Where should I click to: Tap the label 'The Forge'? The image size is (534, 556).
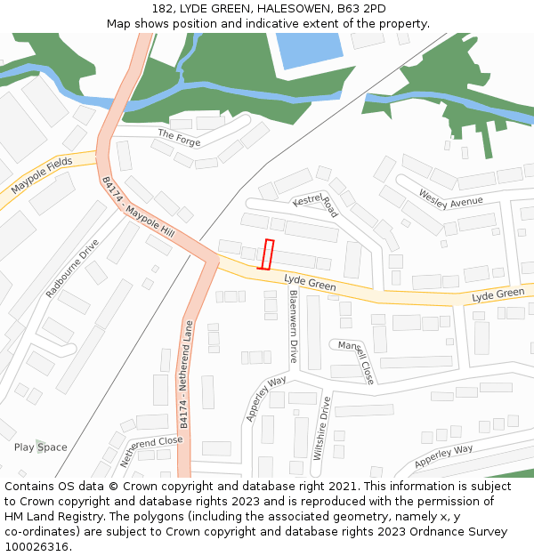(179, 138)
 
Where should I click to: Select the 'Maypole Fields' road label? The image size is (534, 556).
(42, 176)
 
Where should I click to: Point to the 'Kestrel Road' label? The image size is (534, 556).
(316, 205)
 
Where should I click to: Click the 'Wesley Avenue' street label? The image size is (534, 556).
(450, 199)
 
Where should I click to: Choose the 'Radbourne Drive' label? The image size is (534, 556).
(73, 267)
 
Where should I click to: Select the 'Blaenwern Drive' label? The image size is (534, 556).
(293, 326)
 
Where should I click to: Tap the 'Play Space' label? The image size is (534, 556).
(40, 447)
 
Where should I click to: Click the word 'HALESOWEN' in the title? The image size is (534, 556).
(294, 9)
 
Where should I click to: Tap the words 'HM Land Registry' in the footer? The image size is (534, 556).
(48, 517)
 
